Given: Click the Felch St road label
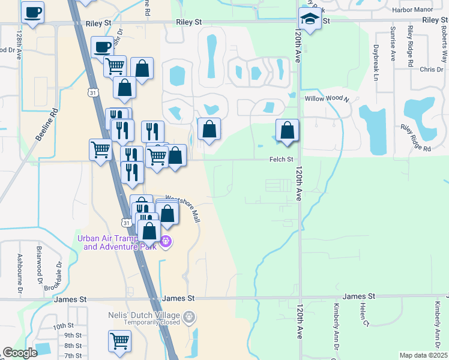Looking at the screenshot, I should [281, 160].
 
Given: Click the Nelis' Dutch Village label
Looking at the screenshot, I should [144, 316].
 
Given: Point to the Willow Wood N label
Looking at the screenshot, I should [327, 98].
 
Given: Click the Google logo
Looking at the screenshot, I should [20, 353].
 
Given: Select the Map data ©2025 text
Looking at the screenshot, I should [423, 355].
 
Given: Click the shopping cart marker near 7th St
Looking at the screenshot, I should [119, 341].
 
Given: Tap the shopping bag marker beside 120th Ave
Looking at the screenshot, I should [288, 130].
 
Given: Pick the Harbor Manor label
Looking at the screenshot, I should [412, 10].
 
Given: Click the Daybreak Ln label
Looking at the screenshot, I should [376, 62].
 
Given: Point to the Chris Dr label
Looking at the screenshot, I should [431, 70].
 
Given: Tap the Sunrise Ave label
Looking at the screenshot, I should [393, 43].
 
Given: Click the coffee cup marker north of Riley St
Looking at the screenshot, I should [32, 12].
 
